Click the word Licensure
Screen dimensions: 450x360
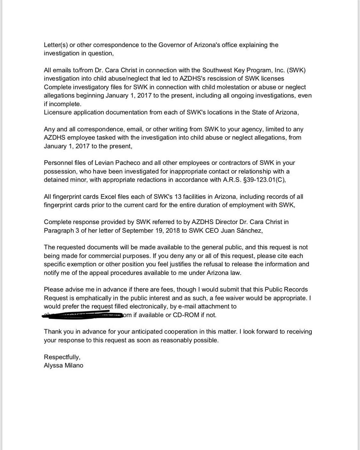tap(58, 112)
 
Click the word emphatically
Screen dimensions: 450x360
tap(93, 298)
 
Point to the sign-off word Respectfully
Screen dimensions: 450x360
tap(62, 357)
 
